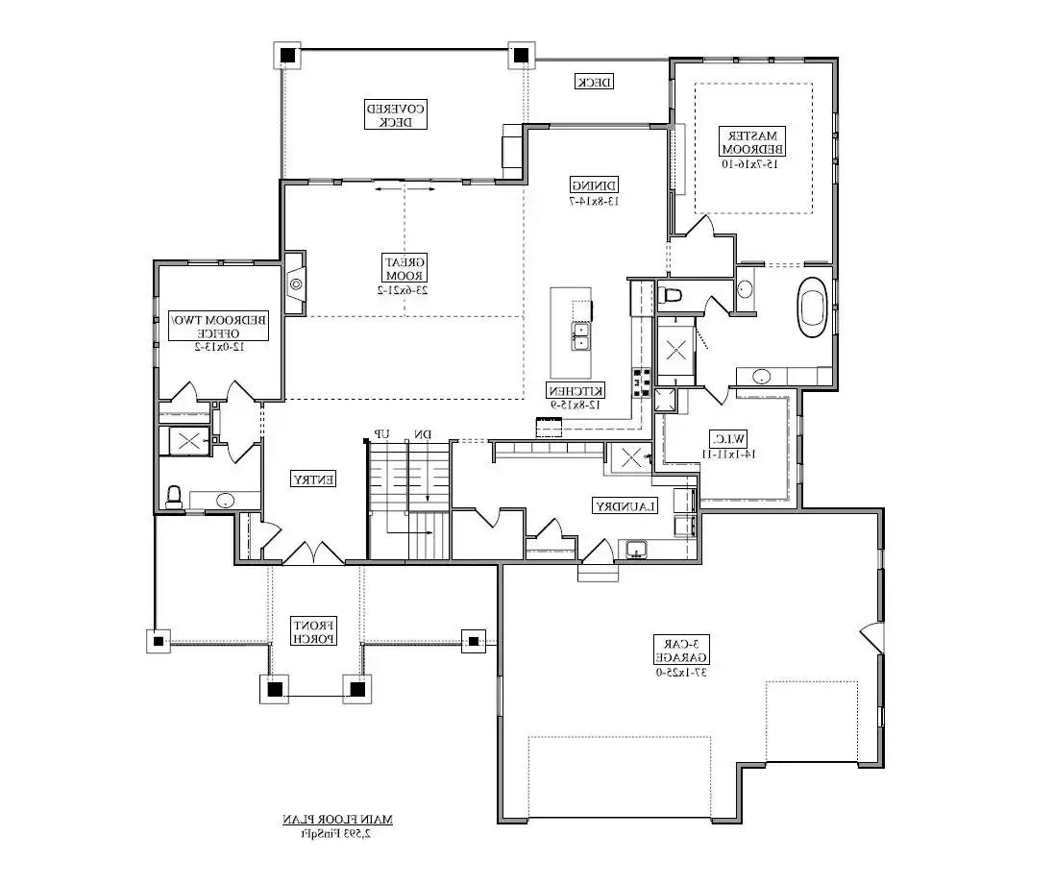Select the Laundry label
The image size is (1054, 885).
pos(625,505)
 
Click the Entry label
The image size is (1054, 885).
pos(313,478)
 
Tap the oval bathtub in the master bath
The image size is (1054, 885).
pos(813,307)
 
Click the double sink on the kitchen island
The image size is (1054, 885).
pos(582,333)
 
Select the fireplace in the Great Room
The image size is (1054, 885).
pos(296,283)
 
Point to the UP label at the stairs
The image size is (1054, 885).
pos(381,434)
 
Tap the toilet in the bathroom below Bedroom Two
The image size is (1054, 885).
pos(174,496)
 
